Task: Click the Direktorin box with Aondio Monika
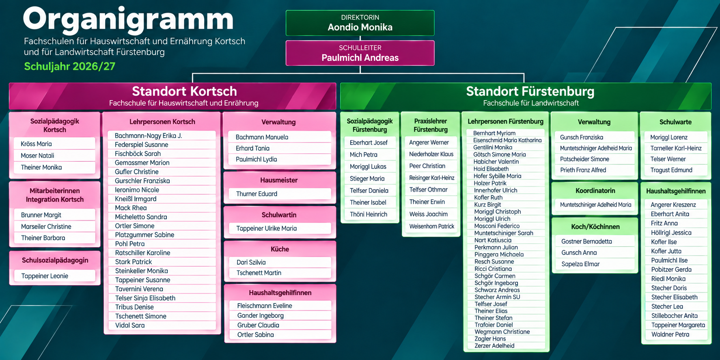point(360,23)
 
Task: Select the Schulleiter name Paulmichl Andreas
point(360,58)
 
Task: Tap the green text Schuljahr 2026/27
point(70,66)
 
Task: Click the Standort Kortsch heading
point(184,91)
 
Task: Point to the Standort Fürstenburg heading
point(530,91)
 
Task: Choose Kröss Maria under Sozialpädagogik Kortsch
point(36,144)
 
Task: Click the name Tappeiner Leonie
point(45,276)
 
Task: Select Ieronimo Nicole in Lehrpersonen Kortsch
point(137,190)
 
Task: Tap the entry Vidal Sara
point(130,325)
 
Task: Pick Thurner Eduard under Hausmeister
point(257,194)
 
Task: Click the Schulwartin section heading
point(279,215)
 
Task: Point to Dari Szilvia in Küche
point(251,262)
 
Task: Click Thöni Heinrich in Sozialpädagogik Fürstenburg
point(369,214)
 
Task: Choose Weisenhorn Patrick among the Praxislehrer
point(432,226)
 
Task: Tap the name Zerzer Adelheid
point(494,346)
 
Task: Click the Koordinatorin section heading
point(595,191)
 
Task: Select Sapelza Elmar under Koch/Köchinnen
point(580,264)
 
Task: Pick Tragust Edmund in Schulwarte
point(671,170)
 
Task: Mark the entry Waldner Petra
point(670,334)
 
